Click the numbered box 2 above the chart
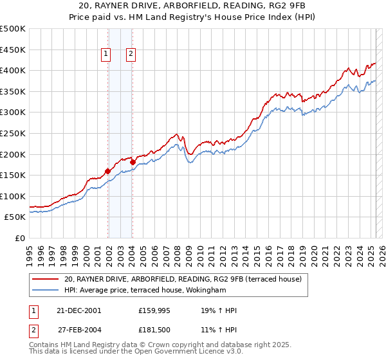tap(131, 55)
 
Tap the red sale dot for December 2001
tap(107, 171)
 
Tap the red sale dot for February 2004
tap(132, 162)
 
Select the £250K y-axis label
tap(13, 133)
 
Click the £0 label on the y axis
tap(20, 238)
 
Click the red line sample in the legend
tap(45, 278)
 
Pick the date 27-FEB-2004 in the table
tap(78, 330)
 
